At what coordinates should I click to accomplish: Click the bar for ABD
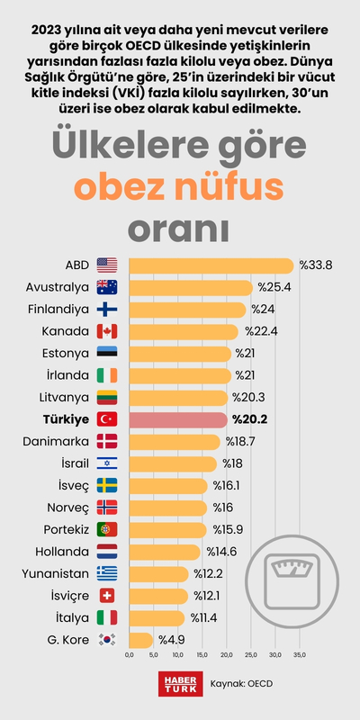click(211, 265)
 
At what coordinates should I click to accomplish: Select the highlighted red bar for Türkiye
click(178, 419)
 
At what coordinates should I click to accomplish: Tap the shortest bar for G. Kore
click(141, 640)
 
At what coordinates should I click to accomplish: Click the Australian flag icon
click(107, 288)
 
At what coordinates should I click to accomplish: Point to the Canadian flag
click(107, 331)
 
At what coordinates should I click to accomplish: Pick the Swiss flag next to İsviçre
click(107, 596)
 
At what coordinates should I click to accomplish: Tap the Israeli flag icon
click(107, 463)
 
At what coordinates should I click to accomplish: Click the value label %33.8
click(315, 265)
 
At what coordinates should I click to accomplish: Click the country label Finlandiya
click(58, 310)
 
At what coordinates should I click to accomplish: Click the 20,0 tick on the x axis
click(227, 655)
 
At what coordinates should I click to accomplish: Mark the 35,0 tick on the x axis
click(300, 655)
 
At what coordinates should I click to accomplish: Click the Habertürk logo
click(178, 684)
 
